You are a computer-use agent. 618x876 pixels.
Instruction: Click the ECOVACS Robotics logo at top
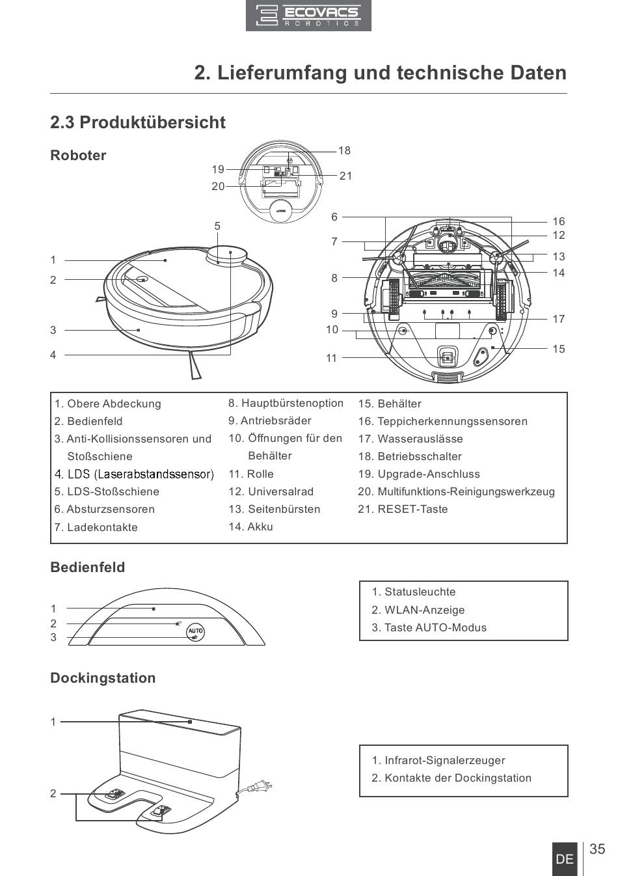click(308, 16)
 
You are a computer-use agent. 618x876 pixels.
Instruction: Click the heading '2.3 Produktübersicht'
click(138, 122)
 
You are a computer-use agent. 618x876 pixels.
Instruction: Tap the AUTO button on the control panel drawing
click(196, 631)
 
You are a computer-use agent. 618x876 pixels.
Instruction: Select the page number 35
click(597, 849)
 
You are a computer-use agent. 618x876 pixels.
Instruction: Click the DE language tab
click(565, 859)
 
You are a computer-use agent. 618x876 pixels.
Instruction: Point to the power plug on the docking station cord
click(262, 787)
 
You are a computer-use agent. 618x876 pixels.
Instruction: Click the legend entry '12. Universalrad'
click(271, 491)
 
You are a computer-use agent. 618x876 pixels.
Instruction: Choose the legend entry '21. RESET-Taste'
click(403, 509)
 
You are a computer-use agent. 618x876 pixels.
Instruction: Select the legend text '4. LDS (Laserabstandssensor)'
click(134, 474)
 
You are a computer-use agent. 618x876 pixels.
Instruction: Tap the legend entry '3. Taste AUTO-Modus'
click(429, 627)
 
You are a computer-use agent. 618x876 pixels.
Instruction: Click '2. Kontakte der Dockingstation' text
click(451, 778)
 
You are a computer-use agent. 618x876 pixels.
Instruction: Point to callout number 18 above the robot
click(344, 151)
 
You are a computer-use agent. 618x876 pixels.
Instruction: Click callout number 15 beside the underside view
click(559, 349)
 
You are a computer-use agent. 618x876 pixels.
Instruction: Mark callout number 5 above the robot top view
click(217, 226)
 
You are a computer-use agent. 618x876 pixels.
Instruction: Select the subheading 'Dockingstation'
click(103, 678)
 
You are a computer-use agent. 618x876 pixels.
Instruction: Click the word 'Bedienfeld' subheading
click(88, 567)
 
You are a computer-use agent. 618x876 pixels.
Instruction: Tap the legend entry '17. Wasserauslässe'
click(410, 439)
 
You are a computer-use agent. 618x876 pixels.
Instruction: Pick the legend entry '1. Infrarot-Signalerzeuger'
click(438, 760)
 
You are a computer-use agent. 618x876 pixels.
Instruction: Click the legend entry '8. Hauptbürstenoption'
click(286, 403)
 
